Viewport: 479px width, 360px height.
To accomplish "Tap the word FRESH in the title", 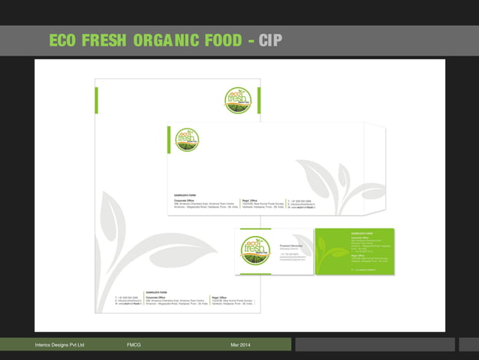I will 104,41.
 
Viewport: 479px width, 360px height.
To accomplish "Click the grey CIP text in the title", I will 270,41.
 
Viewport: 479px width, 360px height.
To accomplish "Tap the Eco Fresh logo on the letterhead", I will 238,100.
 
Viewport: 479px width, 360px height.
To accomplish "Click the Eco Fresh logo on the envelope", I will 187,139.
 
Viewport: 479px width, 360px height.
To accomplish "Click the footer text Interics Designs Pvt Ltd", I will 60,344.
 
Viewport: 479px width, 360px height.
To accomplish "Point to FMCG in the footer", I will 134,344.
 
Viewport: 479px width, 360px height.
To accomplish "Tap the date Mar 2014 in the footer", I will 241,344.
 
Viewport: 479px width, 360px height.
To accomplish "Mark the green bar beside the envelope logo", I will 170,139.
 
